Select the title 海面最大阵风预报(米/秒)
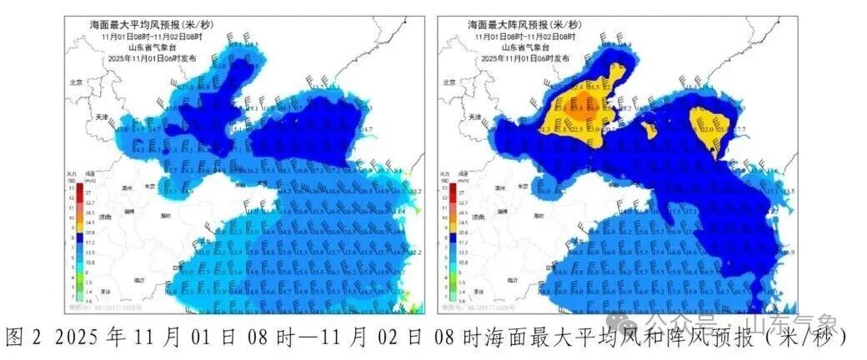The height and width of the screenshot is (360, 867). click(x=524, y=25)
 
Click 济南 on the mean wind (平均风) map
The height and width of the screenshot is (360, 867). click(x=103, y=217)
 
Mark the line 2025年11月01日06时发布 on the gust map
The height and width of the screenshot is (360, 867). click(x=524, y=59)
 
